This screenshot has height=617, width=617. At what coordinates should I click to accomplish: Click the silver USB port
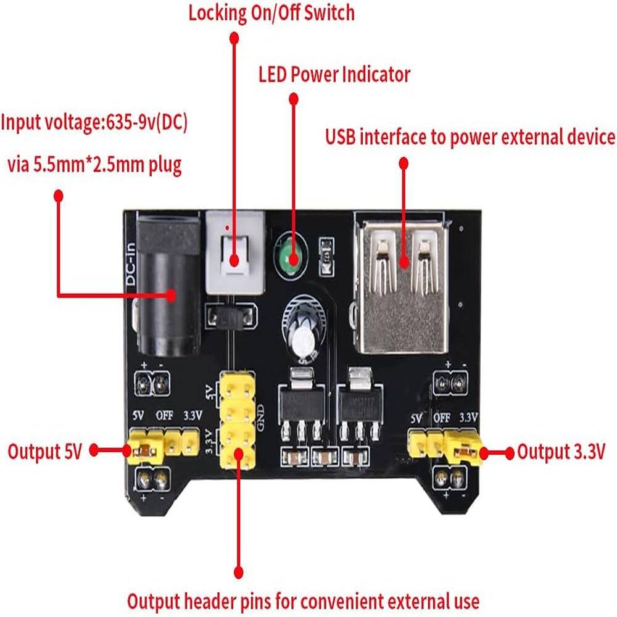(x=402, y=284)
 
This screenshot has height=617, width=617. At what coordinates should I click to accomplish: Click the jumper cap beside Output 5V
(x=145, y=450)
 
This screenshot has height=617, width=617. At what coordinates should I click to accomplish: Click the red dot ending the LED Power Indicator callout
(x=294, y=99)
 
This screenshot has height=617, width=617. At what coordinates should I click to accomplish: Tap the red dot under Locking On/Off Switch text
(x=234, y=38)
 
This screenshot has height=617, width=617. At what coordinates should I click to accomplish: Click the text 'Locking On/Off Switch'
(x=271, y=12)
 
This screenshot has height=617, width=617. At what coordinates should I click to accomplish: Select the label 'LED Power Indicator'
(x=334, y=75)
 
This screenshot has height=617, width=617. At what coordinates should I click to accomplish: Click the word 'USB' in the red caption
(x=340, y=137)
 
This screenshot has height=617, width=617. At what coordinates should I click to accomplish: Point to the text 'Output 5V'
(x=44, y=451)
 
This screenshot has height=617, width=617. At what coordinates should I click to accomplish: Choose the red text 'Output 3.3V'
(x=560, y=452)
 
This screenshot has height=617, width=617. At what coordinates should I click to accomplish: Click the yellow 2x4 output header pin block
(x=236, y=420)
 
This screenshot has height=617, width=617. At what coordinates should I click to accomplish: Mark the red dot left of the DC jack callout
(x=59, y=196)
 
